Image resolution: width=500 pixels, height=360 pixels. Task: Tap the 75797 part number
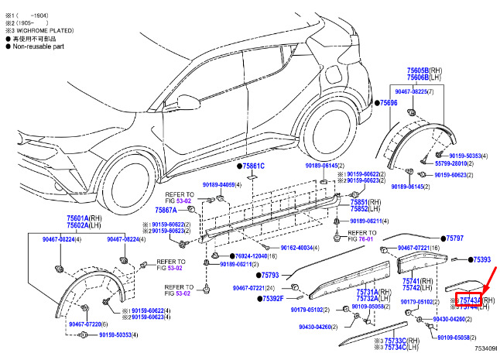(455, 238)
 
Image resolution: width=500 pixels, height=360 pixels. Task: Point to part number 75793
(269, 274)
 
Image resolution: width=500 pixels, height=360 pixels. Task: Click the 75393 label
(481, 260)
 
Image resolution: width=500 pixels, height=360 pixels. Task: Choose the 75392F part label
(272, 298)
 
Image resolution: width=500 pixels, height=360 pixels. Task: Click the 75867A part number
(166, 210)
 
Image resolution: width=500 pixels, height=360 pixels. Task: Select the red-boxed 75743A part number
(470, 300)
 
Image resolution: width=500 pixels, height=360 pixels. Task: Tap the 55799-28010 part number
(452, 163)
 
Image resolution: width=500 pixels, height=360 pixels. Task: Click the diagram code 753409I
(485, 349)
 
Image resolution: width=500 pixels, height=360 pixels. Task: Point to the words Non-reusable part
(39, 46)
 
